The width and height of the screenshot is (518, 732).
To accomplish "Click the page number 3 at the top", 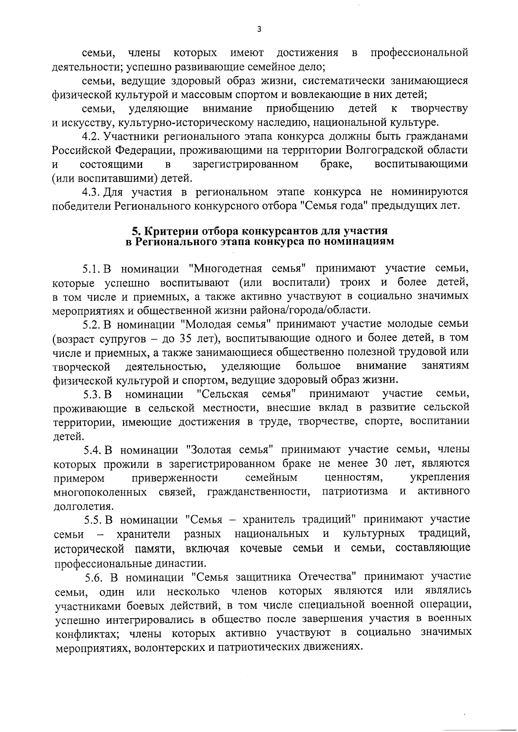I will (x=259, y=29).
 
